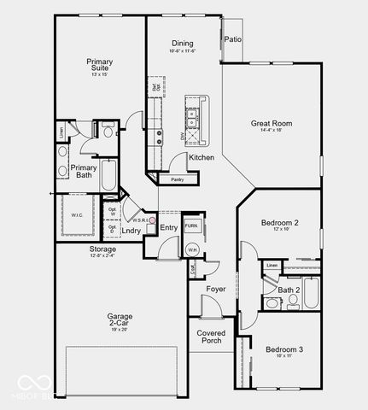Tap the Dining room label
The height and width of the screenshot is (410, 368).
pos(181,44)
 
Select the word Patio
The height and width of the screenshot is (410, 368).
pos(232,40)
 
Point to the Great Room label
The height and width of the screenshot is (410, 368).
pos(272,124)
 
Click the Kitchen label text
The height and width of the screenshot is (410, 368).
pos(201,158)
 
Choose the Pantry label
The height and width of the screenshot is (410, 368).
pos(177,179)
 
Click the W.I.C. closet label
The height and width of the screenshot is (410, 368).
pos(77,214)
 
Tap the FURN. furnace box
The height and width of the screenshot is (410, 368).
pos(191,226)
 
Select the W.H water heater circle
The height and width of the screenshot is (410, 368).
pos(192,249)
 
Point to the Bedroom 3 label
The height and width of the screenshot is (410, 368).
pos(284,349)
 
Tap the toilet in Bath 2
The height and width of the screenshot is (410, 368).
pos(272,302)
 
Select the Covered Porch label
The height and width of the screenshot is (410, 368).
pos(211,337)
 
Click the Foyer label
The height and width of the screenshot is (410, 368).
pos(216,290)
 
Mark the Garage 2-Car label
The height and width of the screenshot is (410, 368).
pos(120,320)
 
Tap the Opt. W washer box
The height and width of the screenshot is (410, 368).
pos(112,211)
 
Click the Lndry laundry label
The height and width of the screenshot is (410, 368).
pos(131,231)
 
